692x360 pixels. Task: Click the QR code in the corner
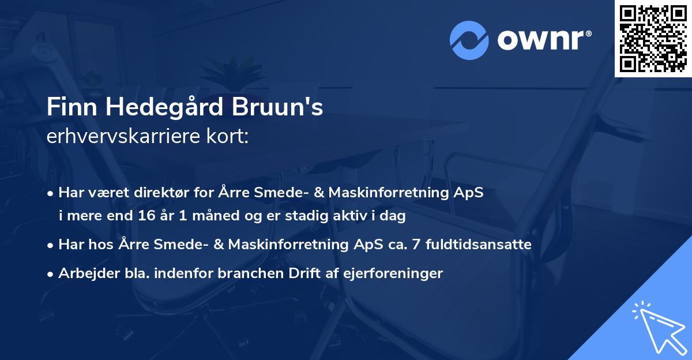tap(653, 39)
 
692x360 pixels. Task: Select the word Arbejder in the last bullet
tap(84, 273)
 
